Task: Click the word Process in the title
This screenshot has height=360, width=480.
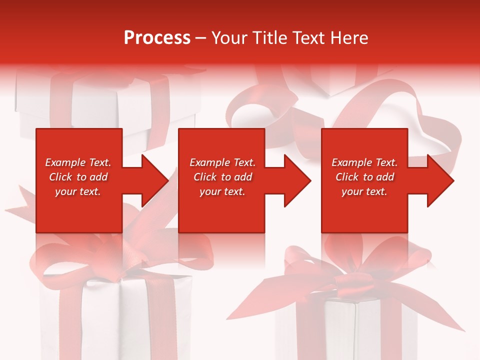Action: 157,38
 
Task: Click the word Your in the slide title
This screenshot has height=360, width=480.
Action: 229,38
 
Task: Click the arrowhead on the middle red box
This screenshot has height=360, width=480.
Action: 296,180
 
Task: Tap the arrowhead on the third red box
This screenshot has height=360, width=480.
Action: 439,180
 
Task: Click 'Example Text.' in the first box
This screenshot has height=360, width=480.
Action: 78,162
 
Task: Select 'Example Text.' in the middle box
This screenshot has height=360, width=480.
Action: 222,162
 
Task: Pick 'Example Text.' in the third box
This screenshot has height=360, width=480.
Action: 364,162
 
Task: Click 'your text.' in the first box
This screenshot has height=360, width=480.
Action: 78,191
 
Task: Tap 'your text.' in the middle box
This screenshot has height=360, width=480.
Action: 222,191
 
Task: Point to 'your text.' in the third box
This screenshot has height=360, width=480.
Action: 364,191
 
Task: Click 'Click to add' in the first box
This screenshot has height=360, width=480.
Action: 78,177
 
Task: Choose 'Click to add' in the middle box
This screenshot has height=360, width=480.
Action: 222,177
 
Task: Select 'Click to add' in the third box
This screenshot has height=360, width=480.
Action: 364,177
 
